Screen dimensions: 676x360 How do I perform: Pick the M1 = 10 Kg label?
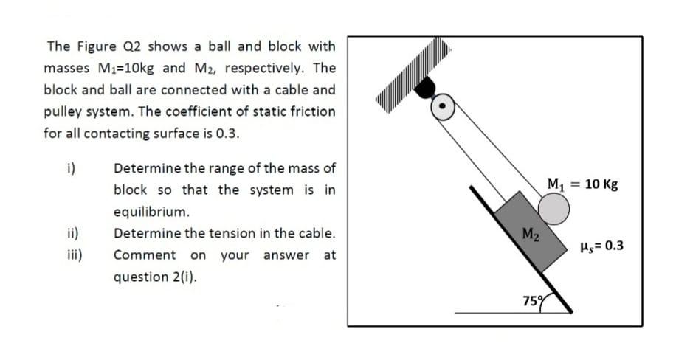pyautogui.click(x=578, y=182)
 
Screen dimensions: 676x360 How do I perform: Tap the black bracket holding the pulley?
pyautogui.click(x=425, y=89)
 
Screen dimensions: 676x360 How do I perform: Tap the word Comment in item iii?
pyautogui.click(x=145, y=255)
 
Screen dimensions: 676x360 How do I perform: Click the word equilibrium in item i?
pyautogui.click(x=148, y=212)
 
